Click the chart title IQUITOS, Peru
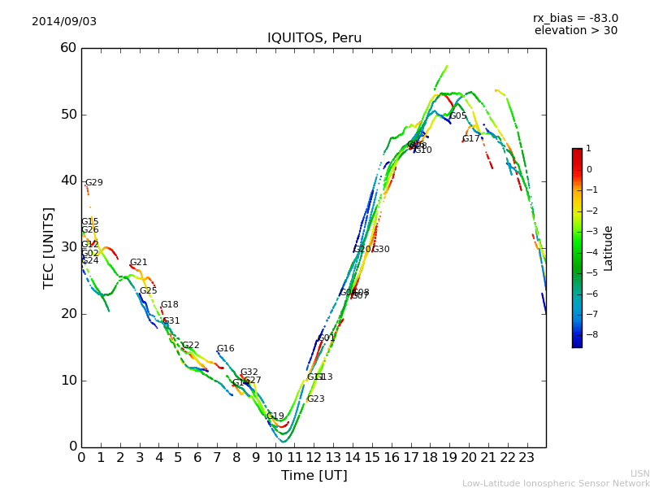[x=314, y=38]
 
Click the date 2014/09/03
[x=64, y=21]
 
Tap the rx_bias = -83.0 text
[x=575, y=18]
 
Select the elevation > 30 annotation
[x=575, y=31]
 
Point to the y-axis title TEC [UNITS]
[x=49, y=247]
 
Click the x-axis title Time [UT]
[x=314, y=476]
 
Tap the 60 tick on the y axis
[x=67, y=48]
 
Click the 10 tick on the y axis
[x=67, y=381]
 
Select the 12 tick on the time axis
[x=314, y=457]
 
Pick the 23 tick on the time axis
[x=526, y=457]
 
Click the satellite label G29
[x=94, y=183]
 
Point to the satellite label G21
[x=139, y=263]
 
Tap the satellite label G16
[x=225, y=349]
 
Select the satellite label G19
[x=275, y=416]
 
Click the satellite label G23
[x=315, y=399]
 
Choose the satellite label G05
[x=458, y=116]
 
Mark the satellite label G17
[x=471, y=139]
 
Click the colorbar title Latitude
[x=609, y=248]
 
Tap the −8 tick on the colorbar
[x=588, y=334]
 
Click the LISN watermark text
[x=639, y=473]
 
